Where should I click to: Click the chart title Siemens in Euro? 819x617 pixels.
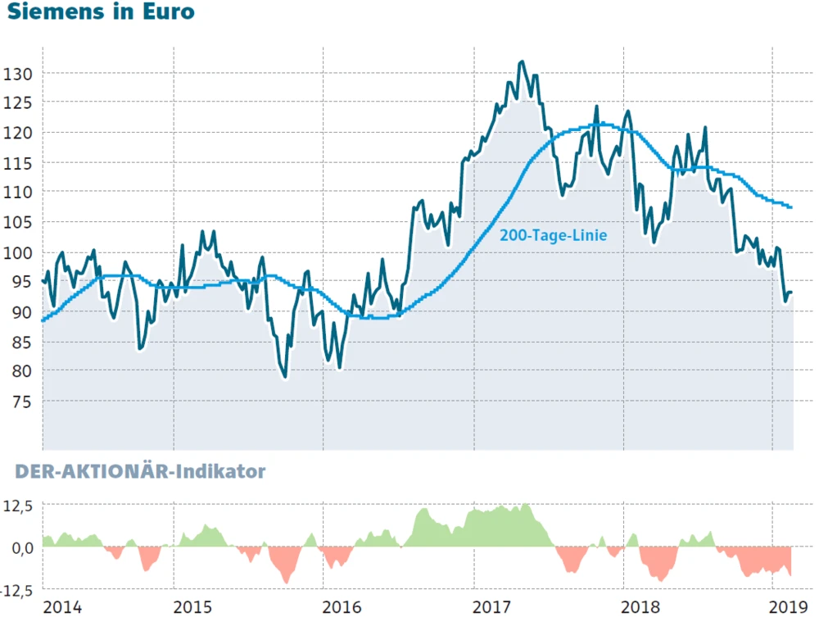coord(101,13)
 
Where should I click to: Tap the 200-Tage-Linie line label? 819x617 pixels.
coord(553,235)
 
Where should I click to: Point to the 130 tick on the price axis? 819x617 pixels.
coord(17,74)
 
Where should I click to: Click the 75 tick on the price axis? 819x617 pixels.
coord(20,402)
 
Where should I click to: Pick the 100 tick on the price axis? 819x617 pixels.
coord(17,252)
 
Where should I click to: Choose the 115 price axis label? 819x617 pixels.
coord(17,163)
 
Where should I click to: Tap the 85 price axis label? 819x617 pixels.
coord(20,342)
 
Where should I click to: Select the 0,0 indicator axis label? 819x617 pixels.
coord(20,547)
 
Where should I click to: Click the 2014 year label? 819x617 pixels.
coord(61,607)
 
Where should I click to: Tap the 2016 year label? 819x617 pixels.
coord(342,607)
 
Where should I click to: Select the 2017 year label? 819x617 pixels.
coord(493,607)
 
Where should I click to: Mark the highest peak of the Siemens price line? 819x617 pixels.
coord(522,61)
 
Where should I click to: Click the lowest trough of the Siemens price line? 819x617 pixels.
coord(284,378)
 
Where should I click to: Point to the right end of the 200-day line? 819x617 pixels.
coord(791,207)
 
